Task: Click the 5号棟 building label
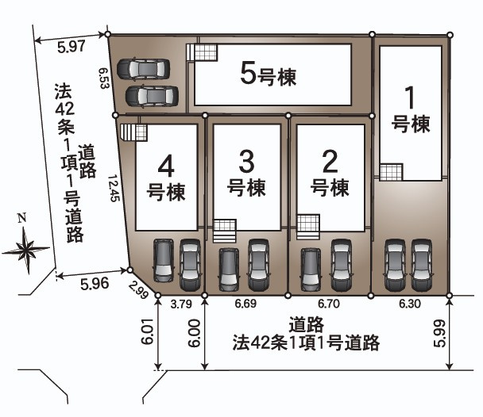click(x=268, y=75)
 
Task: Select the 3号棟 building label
click(x=246, y=174)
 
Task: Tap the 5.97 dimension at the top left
click(x=71, y=47)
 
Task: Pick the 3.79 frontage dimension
click(x=181, y=304)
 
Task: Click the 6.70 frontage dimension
click(x=328, y=304)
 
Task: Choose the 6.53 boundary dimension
click(x=103, y=77)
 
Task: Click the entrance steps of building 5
click(x=201, y=52)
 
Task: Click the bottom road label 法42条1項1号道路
click(x=305, y=343)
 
